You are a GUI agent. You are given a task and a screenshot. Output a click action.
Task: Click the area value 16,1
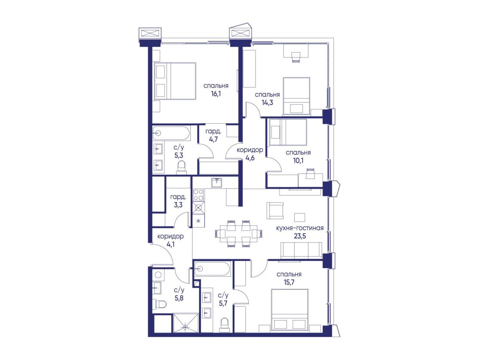click(x=216, y=94)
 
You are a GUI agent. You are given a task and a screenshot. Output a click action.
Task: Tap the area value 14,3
click(x=267, y=103)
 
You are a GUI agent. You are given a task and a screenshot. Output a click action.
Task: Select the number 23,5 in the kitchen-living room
click(x=300, y=236)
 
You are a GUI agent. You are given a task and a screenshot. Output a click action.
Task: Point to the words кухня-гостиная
click(x=300, y=228)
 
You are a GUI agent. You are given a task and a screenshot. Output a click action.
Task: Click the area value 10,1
click(x=298, y=161)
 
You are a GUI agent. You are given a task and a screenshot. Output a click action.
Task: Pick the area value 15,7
click(x=289, y=282)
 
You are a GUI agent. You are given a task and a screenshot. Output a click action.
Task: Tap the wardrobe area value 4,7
click(x=213, y=139)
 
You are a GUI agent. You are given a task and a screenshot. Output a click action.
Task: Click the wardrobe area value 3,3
click(x=178, y=205)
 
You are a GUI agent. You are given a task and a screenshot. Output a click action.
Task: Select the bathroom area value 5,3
click(x=178, y=155)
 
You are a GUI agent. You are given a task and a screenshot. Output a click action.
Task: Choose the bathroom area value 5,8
click(x=179, y=298)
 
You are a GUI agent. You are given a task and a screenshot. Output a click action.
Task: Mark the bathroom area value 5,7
click(x=223, y=303)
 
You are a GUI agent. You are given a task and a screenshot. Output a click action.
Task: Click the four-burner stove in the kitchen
click(x=198, y=195)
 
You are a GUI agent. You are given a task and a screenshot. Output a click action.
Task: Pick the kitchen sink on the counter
click(x=216, y=183)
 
